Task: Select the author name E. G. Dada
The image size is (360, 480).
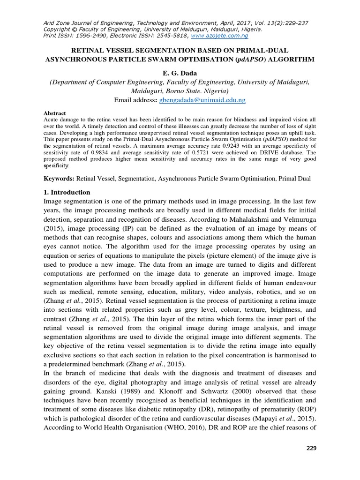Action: pos(180,73)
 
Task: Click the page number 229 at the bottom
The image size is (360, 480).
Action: pos(311,448)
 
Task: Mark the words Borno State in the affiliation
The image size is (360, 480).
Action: pos(180,91)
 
